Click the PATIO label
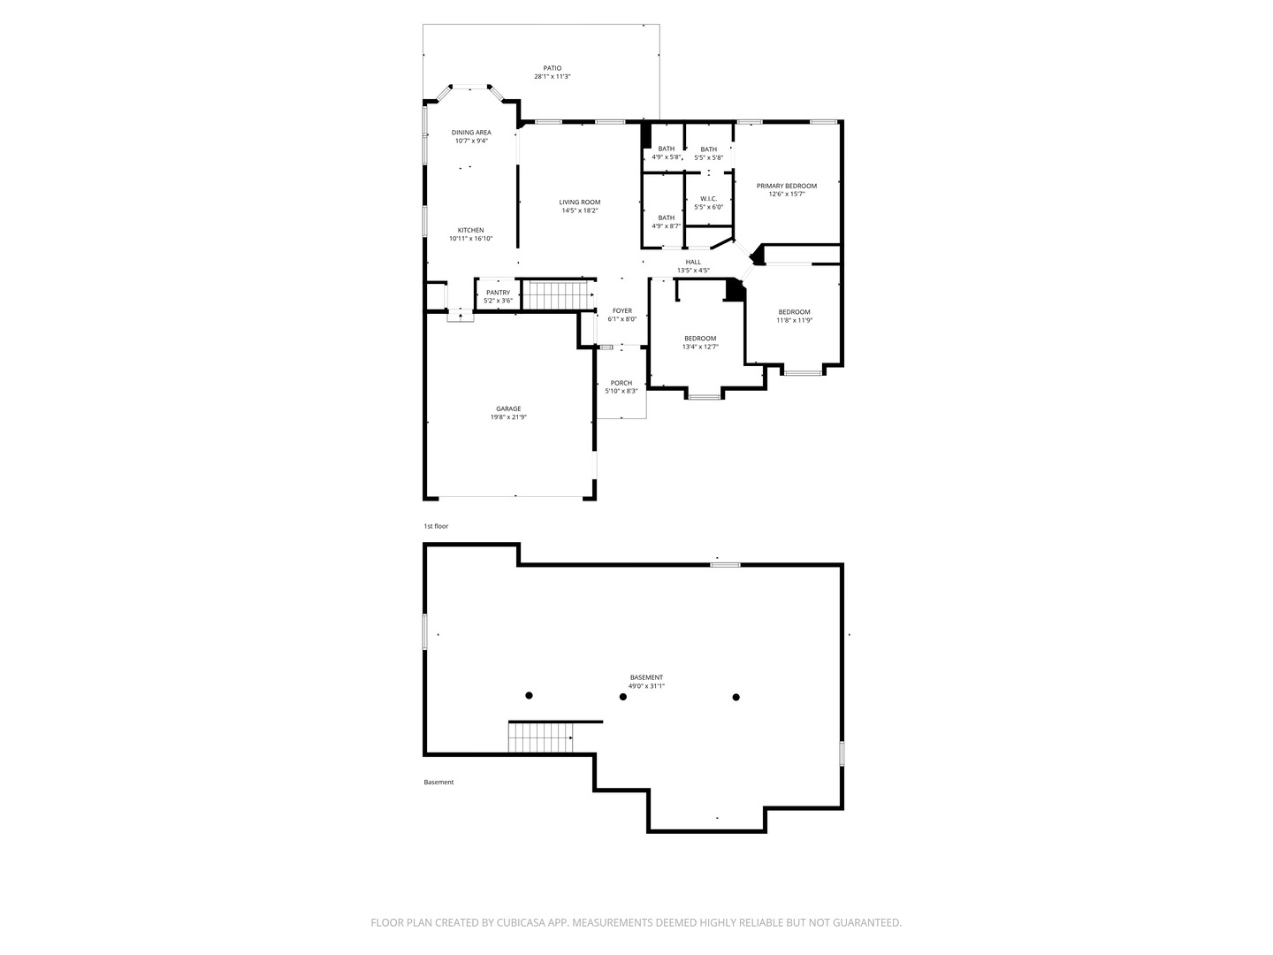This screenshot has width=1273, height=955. coord(552,68)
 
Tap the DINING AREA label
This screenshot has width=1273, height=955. coord(471,133)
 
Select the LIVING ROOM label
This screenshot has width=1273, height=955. coord(579,202)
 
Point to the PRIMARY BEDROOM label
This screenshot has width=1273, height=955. coord(786,186)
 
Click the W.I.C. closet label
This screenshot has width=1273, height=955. coord(708,199)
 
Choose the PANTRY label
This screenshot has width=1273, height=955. coord(498,293)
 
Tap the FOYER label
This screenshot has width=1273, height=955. coord(621,310)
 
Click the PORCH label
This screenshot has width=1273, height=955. coord(621,383)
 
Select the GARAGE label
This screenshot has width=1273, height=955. coord(508,409)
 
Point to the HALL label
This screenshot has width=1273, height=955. coord(692,262)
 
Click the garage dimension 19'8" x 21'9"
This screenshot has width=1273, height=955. coord(508,417)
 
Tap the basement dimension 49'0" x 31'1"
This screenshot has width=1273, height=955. coord(646,686)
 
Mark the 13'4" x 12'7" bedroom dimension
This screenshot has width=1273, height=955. coord(699,348)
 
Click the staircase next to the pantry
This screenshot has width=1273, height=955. coord(559,295)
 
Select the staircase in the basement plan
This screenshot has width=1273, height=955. coord(540,737)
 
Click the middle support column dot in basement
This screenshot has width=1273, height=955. coord(623,697)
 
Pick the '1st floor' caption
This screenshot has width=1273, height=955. coord(436,526)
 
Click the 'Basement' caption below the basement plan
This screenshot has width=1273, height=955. coord(438,783)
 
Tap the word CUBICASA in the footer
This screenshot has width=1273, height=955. coord(521,922)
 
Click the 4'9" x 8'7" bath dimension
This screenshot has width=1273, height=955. coord(666,226)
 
